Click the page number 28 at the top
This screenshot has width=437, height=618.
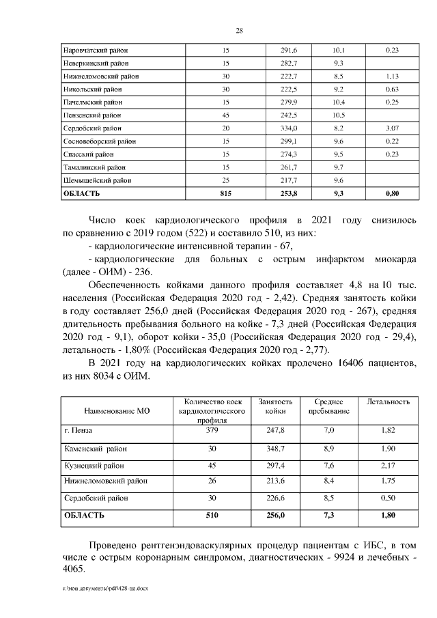click(x=239, y=30)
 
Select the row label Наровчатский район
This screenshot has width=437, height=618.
click(x=95, y=50)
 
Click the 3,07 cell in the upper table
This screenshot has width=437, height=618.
click(x=392, y=128)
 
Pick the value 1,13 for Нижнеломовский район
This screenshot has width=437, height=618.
click(x=392, y=76)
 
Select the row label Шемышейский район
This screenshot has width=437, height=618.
click(x=97, y=180)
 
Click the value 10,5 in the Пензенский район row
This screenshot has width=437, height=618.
click(x=338, y=115)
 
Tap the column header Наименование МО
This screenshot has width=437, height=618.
click(x=116, y=412)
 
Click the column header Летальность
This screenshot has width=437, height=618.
click(x=388, y=402)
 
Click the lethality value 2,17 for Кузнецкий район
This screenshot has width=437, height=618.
click(x=388, y=465)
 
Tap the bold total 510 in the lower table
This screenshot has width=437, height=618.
click(x=212, y=516)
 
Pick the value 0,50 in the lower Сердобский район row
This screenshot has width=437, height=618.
click(x=388, y=498)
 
